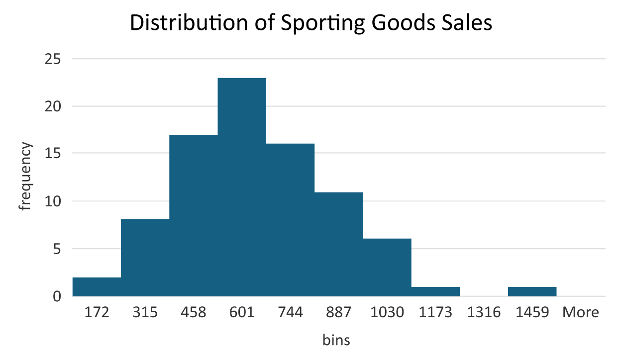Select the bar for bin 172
click(97, 287)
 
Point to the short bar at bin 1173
click(435, 292)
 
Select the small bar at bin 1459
click(532, 292)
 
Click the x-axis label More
click(581, 313)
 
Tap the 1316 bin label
click(484, 313)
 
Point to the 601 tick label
click(242, 313)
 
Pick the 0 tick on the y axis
click(56, 296)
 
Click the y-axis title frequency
click(26, 176)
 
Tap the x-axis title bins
click(336, 340)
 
